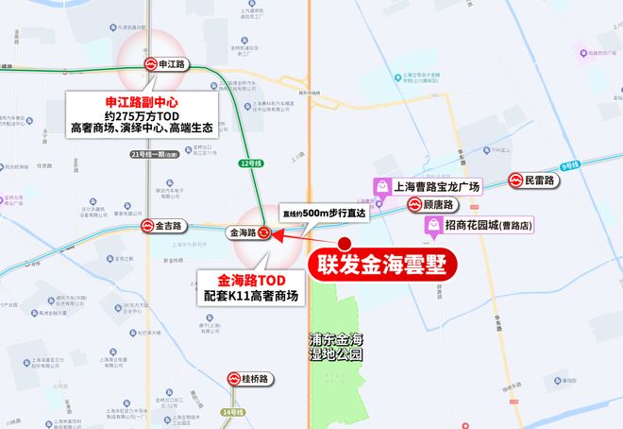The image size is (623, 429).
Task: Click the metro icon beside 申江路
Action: point(150,65)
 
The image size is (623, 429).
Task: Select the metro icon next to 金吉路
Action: point(148,227)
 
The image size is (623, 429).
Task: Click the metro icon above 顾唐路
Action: point(414,203)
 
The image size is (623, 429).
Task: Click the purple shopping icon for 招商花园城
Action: point(432,226)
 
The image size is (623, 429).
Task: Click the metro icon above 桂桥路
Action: point(233,379)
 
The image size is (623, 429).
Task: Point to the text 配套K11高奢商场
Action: point(258,296)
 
